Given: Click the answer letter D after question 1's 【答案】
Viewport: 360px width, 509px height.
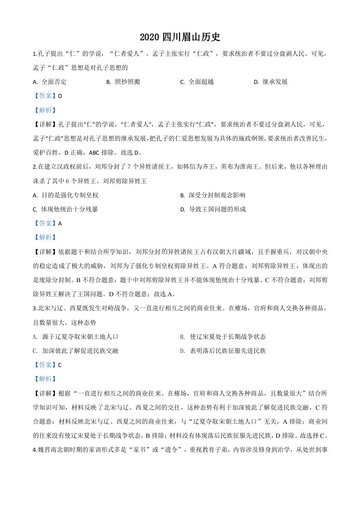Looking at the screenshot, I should (x=60, y=96).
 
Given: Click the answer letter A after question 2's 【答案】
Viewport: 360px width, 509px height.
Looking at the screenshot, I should (x=60, y=223).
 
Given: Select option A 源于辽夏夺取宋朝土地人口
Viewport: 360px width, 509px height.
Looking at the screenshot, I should (x=75, y=337).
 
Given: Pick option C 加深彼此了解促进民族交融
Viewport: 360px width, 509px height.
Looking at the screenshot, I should (x=75, y=351).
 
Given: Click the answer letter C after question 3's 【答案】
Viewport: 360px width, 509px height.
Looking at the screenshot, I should (x=60, y=365).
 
